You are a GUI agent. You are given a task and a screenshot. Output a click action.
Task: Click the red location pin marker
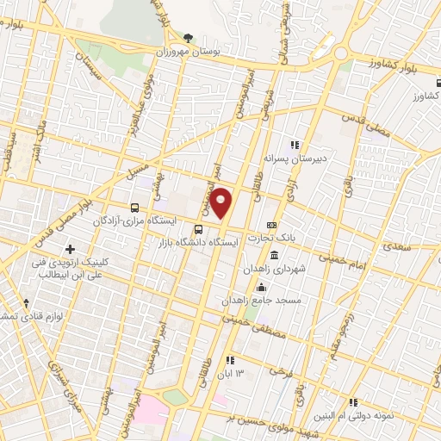click(221, 203)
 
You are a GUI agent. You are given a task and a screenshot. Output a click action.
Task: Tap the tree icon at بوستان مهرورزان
click(189, 38)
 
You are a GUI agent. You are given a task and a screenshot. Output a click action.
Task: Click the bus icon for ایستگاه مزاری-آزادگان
click(134, 208)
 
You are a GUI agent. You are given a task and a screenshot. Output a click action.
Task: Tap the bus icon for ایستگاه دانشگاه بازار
click(199, 229)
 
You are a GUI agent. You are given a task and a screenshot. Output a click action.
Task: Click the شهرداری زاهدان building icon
click(274, 256)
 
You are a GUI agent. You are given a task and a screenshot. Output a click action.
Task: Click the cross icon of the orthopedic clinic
click(82, 250)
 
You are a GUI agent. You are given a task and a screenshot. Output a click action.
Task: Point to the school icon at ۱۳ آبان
click(229, 360)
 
